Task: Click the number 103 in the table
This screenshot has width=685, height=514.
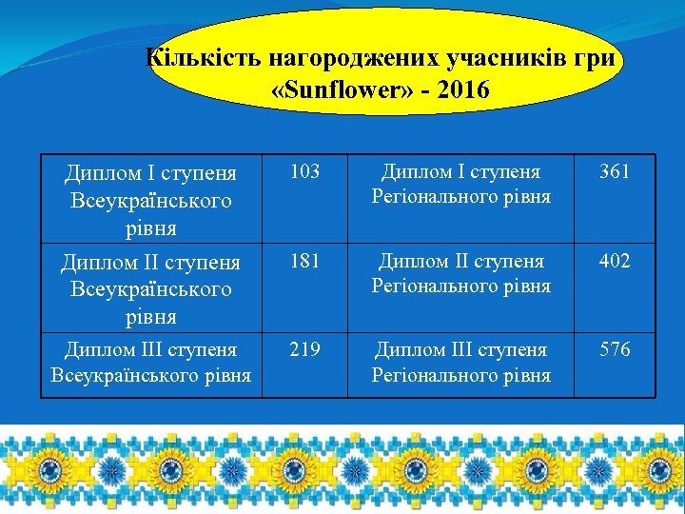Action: click(x=304, y=172)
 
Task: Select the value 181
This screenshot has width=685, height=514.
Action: click(x=304, y=261)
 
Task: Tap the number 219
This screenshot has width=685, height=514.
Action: click(x=304, y=349)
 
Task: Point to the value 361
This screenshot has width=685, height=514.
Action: click(x=614, y=172)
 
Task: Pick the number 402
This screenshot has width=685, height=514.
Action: click(x=614, y=261)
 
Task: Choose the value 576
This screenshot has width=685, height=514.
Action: click(x=614, y=349)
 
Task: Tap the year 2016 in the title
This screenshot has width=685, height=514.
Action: click(x=460, y=91)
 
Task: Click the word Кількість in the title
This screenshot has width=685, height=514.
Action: click(x=204, y=58)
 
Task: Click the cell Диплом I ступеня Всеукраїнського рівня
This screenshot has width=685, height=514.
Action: click(x=150, y=201)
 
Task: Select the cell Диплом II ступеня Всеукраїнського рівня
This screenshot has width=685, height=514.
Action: click(x=150, y=288)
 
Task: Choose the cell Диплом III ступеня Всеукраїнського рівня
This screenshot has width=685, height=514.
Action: click(x=150, y=362)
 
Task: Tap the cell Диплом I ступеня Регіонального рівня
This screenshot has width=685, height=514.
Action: click(x=460, y=185)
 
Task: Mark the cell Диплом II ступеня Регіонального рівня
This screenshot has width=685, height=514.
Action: click(x=460, y=273)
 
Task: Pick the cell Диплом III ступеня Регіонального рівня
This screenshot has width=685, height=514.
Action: click(x=460, y=362)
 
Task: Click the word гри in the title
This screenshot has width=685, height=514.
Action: click(x=600, y=58)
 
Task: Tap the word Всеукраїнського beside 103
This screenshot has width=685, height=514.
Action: click(x=150, y=202)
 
